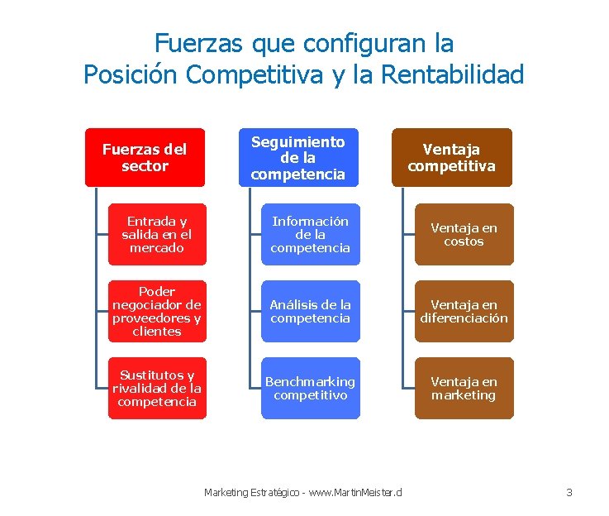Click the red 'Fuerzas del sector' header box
coord(145,157)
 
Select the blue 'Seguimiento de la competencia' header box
coord(299,157)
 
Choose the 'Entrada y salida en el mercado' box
coord(157,234)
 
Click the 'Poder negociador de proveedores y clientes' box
coord(157,311)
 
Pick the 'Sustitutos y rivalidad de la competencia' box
coord(157,388)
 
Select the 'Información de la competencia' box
coord(311,234)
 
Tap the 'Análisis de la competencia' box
coord(311,311)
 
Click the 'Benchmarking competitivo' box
coord(311,388)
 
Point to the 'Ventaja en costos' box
coord(464,234)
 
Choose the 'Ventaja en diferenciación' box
coord(464,311)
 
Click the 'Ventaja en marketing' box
coord(464,388)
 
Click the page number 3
coord(569,493)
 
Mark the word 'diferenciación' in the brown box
coord(464,318)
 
